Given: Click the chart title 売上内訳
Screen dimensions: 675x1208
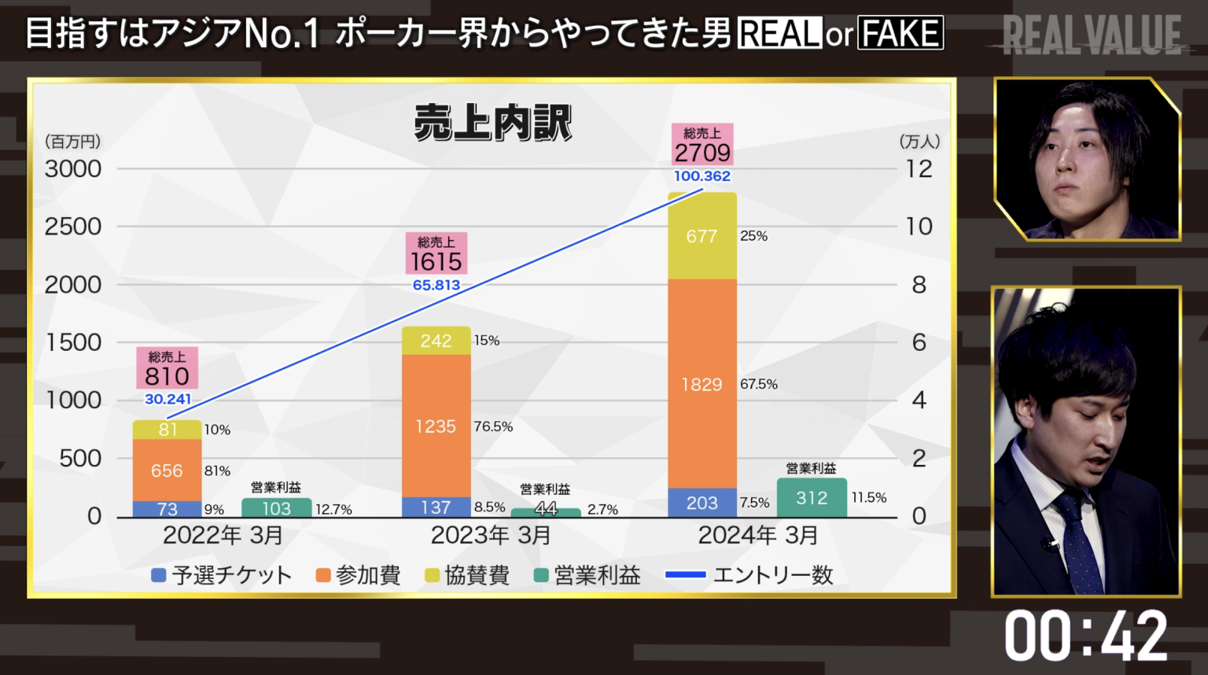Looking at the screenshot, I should click(492, 124).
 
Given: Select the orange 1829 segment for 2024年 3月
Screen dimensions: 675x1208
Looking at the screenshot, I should click(702, 384).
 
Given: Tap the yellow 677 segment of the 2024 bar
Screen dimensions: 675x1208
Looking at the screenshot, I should click(702, 236).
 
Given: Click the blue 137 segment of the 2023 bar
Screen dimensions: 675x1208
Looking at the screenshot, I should click(436, 507).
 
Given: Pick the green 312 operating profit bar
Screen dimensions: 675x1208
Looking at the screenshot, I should click(812, 498).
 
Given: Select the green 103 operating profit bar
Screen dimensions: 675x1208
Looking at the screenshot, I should click(276, 508).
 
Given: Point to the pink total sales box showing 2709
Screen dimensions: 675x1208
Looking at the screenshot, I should click(702, 145).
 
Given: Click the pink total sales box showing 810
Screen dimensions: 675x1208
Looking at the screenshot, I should click(167, 368).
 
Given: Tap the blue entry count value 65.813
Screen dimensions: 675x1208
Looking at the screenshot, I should click(436, 286).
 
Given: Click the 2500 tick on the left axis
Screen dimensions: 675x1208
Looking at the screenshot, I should click(73, 227).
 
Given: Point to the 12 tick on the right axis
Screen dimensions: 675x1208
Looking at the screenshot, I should click(919, 169).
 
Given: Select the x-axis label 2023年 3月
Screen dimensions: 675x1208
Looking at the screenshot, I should click(491, 536).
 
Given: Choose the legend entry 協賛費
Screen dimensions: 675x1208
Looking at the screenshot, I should click(467, 576).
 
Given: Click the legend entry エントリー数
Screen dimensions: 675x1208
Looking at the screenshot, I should click(749, 576).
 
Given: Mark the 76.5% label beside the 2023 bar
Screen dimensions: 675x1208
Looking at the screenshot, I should click(493, 426).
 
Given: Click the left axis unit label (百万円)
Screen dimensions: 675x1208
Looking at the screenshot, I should click(72, 142).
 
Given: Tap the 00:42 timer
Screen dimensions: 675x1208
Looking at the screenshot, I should click(1085, 636).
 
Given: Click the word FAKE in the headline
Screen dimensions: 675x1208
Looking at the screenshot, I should click(900, 34).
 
